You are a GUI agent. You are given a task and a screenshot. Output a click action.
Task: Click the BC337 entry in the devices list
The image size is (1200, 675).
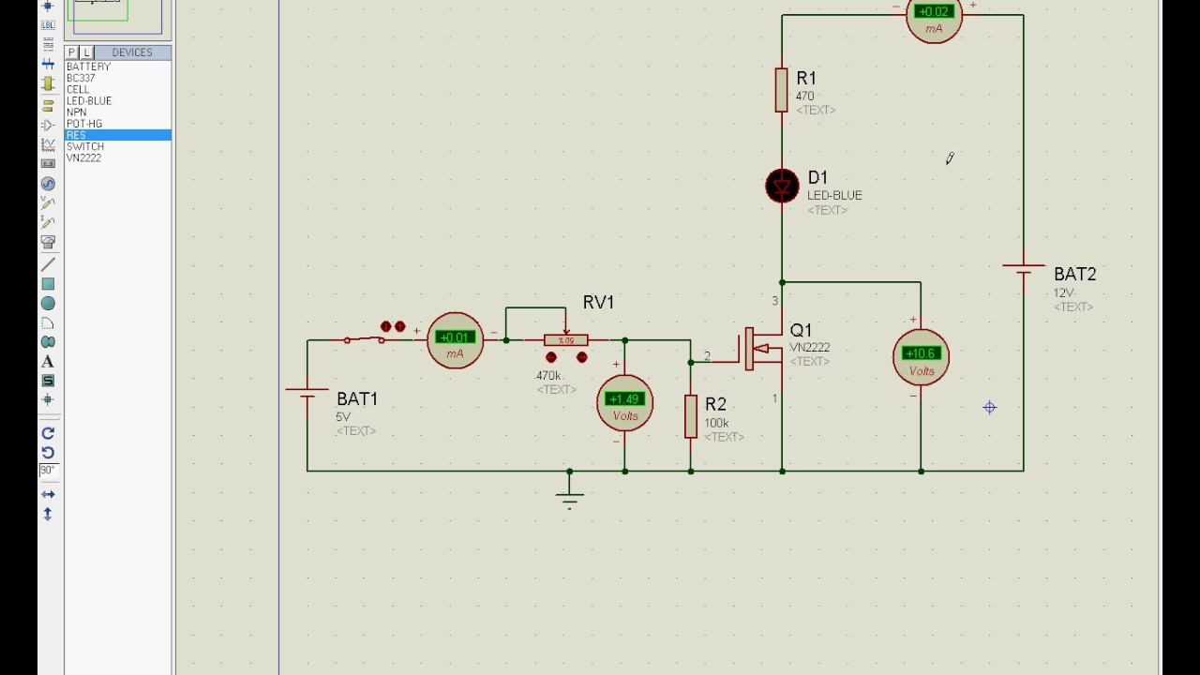coord(81,79)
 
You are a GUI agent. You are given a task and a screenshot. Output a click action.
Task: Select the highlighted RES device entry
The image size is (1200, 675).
coord(77,136)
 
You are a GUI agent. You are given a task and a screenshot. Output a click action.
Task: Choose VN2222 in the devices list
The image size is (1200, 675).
coord(83,158)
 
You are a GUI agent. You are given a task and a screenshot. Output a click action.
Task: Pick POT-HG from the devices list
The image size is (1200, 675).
coord(84,124)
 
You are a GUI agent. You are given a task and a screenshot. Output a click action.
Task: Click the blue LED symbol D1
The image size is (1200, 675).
coord(782,187)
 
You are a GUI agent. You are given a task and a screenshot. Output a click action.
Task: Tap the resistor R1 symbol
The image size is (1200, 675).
coord(782,90)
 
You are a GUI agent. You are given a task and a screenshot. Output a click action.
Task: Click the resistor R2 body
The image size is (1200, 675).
coord(691,416)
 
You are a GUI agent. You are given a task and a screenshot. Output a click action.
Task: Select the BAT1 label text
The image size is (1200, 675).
coord(357,399)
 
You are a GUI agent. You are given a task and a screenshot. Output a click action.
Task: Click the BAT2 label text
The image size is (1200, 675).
coord(1074,275)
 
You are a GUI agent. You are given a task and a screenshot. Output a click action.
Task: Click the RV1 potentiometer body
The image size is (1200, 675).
coord(566,340)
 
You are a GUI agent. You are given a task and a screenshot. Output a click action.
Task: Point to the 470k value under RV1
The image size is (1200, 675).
coord(548,376)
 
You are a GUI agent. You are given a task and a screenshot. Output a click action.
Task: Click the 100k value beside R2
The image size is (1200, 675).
coord(716,424)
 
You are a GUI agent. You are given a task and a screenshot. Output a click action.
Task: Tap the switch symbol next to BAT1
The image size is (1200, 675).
coord(364,339)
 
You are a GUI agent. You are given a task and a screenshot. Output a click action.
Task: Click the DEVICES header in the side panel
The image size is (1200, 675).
coord(131,52)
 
